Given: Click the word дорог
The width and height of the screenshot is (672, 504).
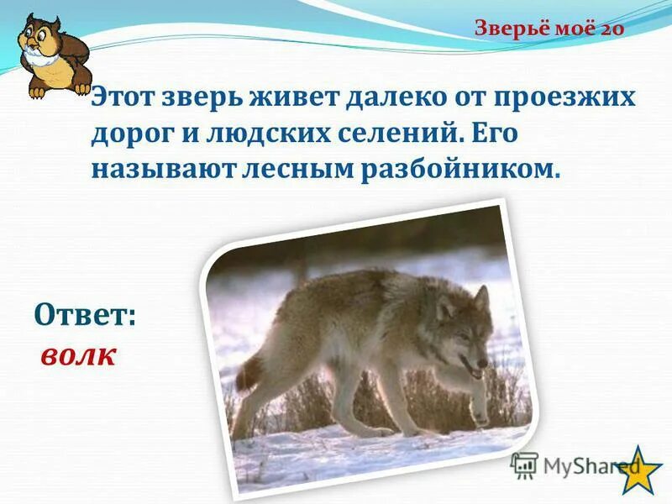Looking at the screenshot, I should point(133,133).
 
